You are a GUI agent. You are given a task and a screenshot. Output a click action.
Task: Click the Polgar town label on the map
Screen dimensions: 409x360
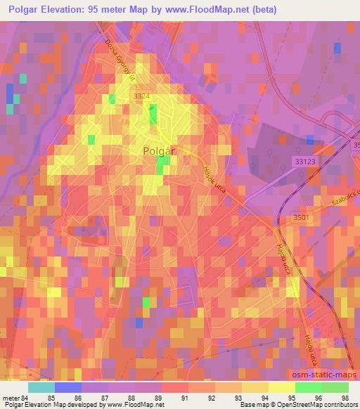(x=158, y=151)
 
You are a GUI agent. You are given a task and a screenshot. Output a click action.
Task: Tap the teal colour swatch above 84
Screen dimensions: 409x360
(x=41, y=387)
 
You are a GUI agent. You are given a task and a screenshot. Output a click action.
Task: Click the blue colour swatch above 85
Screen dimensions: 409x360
(x=67, y=387)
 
